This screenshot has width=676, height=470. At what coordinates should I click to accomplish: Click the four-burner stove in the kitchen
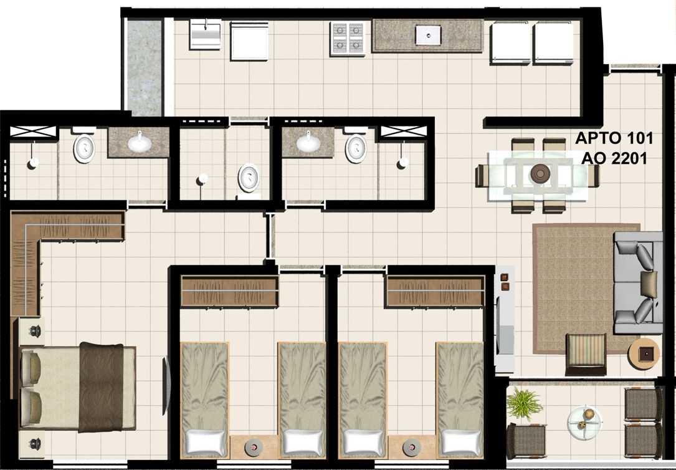pos(348,39)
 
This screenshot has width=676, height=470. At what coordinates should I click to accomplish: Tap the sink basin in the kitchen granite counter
pos(428,35)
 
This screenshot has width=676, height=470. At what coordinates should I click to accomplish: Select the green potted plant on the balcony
pos(523,403)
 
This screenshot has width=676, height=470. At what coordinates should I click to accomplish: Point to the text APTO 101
pos(614,138)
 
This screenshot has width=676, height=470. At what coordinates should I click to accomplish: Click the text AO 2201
pos(614,159)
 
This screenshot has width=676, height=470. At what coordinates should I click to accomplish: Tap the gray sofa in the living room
pos(638,283)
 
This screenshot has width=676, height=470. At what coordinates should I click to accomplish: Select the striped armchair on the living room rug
pos(586,353)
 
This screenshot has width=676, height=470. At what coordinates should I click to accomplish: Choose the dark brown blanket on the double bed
pos(102,386)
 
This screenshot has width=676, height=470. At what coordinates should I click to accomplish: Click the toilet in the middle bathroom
pos(249,178)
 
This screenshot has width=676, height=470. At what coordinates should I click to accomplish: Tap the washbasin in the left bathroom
pos(140,142)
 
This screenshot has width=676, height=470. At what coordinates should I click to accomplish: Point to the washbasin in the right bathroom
pos(308,142)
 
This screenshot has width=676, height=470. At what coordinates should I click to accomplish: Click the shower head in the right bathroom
pos(403,163)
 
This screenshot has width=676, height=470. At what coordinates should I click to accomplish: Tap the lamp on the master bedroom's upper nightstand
pos(34,331)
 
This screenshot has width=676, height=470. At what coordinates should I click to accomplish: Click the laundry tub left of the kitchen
pos(206,34)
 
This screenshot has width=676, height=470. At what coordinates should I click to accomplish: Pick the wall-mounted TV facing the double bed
pos(166,386)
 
